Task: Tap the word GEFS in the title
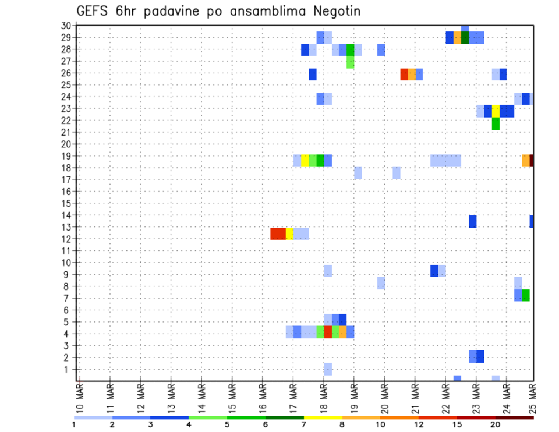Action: (94, 12)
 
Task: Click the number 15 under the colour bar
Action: (457, 424)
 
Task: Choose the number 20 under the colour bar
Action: (496, 424)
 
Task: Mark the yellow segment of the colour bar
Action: (323, 417)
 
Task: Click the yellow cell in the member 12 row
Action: (289, 233)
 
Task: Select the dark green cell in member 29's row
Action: (465, 38)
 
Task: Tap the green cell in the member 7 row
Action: (526, 295)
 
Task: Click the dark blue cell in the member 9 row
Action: (434, 271)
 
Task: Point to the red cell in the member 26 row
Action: (404, 74)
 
